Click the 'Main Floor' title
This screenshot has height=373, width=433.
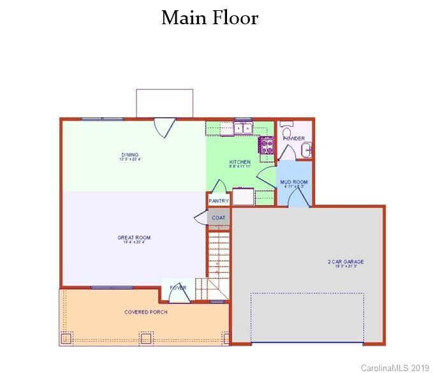click(210, 18)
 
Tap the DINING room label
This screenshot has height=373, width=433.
click(130, 155)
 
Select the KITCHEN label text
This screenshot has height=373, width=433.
click(240, 163)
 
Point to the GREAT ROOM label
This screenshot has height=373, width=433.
click(134, 238)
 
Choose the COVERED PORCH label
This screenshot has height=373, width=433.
click(146, 312)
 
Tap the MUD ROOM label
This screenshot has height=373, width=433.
click(294, 182)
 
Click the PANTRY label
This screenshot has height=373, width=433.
click(218, 201)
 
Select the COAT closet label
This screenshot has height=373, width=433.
click(219, 217)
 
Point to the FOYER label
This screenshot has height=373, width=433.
click(178, 288)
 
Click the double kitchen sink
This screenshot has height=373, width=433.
click(243, 128)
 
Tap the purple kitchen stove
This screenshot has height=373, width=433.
click(266, 145)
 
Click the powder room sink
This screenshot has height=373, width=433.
click(306, 150)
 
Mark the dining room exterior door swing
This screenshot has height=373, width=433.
click(165, 128)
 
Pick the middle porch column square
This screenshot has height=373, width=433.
click(145, 338)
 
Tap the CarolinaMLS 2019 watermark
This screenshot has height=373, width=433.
click(395, 368)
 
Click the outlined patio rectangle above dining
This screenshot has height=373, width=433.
click(165, 103)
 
